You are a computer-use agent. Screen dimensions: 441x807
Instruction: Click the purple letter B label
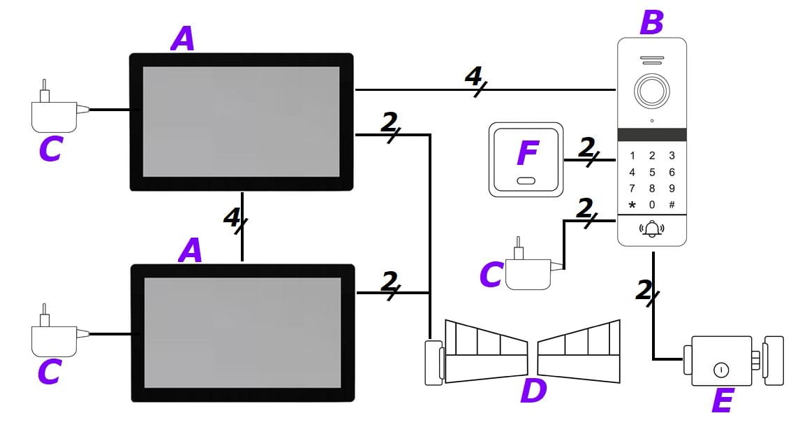tap(651, 22)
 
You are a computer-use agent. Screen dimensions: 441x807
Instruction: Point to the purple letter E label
tap(722, 402)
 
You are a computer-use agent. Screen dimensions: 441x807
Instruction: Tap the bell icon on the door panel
tap(652, 229)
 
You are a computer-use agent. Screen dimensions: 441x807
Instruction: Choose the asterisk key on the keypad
tap(632, 205)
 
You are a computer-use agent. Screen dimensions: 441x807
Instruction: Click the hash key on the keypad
tap(672, 205)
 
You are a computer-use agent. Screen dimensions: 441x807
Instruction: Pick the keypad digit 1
tap(632, 156)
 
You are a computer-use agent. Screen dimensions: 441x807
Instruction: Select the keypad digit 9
tap(672, 188)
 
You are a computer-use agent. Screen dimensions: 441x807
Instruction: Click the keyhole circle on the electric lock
tap(719, 370)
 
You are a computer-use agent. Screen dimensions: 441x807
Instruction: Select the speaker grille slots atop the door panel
tap(652, 61)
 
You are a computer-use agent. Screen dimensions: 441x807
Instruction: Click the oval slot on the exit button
tap(526, 181)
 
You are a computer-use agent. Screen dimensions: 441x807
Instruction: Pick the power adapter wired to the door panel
tap(529, 270)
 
